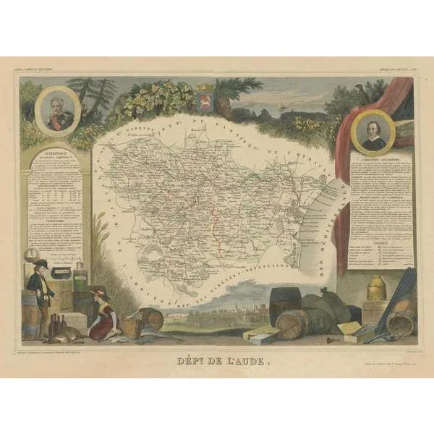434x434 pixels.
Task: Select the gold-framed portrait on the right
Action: tap(374, 133)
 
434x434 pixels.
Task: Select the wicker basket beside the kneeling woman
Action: tap(131, 326)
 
